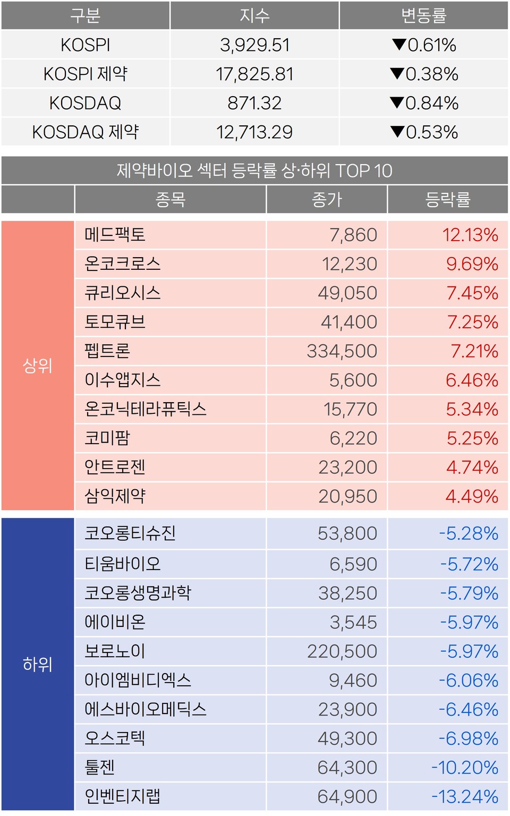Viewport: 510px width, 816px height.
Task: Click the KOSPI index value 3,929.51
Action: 254,45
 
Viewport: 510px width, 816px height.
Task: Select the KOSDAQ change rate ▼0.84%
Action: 424,103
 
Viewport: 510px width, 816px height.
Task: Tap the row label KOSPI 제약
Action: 85,74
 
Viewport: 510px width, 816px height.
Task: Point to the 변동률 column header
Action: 423,15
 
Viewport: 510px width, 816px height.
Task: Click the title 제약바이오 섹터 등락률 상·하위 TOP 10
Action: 254,171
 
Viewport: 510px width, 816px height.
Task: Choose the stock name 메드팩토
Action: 115,235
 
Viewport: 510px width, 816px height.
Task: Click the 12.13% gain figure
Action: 470,235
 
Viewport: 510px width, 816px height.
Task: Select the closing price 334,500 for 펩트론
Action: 342,351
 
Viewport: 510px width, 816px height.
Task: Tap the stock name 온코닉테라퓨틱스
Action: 145,409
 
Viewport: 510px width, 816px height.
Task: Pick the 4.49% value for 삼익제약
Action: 472,496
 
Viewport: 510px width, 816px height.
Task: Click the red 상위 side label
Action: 37,365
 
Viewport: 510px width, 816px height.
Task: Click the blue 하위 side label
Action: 37,664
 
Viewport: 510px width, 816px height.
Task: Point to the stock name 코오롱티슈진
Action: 130,533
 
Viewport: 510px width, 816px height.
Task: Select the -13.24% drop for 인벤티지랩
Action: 465,796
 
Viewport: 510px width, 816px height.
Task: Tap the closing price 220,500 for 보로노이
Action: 342,651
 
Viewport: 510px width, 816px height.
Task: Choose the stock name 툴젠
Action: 100,767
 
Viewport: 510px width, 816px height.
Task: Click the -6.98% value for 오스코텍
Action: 468,738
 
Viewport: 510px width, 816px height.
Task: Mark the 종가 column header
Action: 327,200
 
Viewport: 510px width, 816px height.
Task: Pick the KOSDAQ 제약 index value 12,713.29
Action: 254,132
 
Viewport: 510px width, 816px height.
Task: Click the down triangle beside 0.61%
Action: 399,45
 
